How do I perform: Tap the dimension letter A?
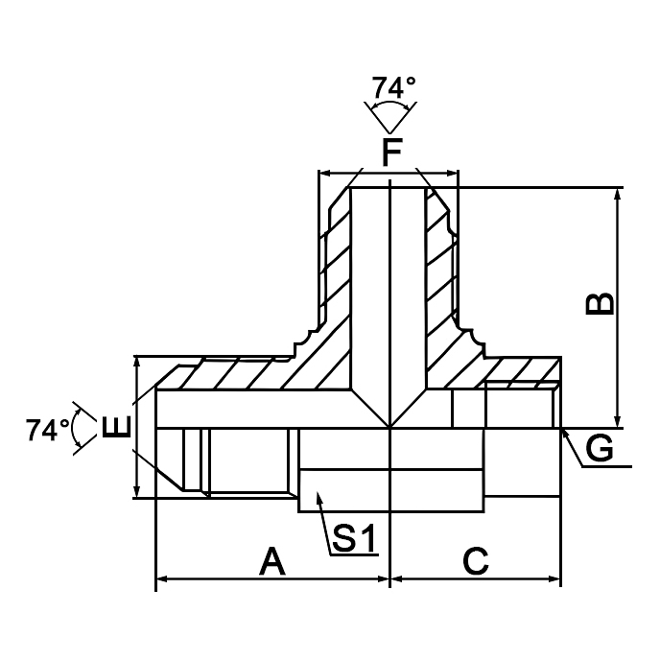pyautogui.click(x=272, y=560)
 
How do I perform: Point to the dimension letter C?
pyautogui.click(x=476, y=560)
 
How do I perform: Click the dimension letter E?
pyautogui.click(x=115, y=427)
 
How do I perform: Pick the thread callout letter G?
pyautogui.click(x=600, y=448)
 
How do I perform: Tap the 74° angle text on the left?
pyautogui.click(x=47, y=429)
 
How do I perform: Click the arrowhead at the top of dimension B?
pyautogui.click(x=619, y=192)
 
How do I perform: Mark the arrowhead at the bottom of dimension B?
pyautogui.click(x=619, y=422)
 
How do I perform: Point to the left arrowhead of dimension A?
pyautogui.click(x=161, y=579)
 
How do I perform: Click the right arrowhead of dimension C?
pyautogui.click(x=556, y=579)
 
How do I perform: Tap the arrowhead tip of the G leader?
pyautogui.click(x=564, y=433)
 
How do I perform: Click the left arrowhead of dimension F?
pyautogui.click(x=323, y=174)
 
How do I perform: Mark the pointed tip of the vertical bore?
pyautogui.click(x=389, y=426)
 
